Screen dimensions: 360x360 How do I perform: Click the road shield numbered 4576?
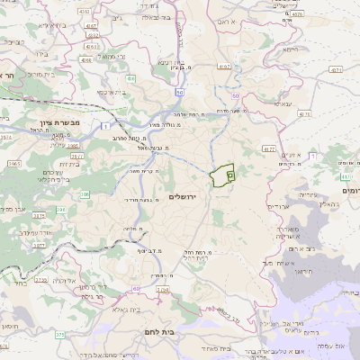pos(304,114)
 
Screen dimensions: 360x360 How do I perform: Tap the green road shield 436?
pos(131,79)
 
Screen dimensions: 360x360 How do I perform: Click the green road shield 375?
pos(59,334)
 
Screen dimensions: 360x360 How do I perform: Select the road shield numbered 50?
pos(180,92)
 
